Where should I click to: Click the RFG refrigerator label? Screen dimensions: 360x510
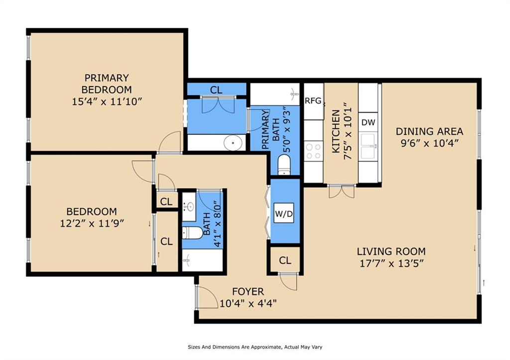click(x=313, y=101)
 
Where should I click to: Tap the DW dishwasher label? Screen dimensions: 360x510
click(x=368, y=122)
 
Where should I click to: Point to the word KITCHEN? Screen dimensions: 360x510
click(x=336, y=131)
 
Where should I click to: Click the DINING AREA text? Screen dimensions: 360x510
click(x=429, y=131)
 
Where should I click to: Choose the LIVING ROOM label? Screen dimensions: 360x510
click(x=391, y=251)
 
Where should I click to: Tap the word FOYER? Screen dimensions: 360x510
click(x=248, y=292)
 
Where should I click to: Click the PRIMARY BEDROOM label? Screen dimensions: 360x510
click(x=107, y=84)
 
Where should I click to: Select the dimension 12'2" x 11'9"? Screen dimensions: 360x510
click(x=92, y=223)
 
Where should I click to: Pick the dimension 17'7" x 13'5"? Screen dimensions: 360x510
click(x=391, y=263)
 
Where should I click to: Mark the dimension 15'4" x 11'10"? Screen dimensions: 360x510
click(x=107, y=102)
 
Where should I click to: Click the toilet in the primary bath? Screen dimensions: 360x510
click(x=284, y=164)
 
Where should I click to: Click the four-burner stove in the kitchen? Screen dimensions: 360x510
click(x=314, y=151)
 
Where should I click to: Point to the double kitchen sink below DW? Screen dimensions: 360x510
click(x=369, y=143)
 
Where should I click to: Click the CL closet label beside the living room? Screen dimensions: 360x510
click(x=285, y=260)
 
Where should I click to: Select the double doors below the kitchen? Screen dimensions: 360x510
click(x=341, y=191)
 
